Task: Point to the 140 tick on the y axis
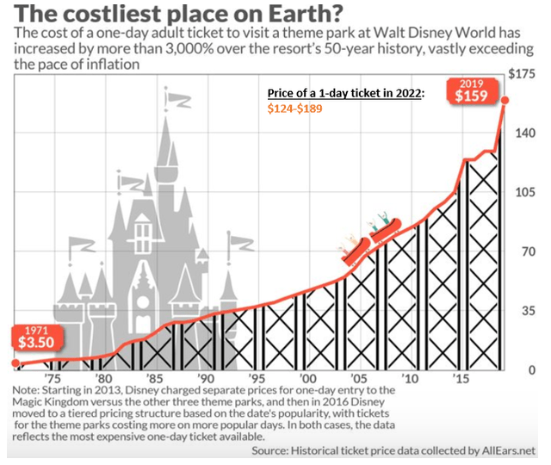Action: (526, 133)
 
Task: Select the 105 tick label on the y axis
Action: (526, 192)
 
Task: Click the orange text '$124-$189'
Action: (293, 109)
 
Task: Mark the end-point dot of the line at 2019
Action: (505, 100)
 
